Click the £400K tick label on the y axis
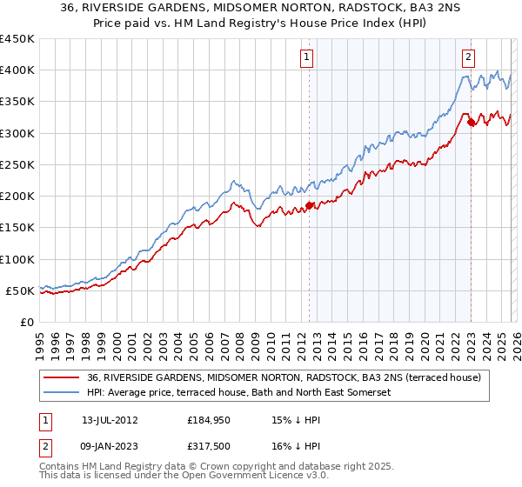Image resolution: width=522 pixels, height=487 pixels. click(x=17, y=70)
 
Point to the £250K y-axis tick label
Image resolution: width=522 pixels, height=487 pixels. click(x=17, y=164)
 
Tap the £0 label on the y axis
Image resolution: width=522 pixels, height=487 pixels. click(x=27, y=322)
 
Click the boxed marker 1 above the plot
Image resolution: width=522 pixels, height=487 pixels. click(x=308, y=58)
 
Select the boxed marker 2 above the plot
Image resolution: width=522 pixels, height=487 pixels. click(x=469, y=58)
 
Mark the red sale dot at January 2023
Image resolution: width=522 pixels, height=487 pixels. click(x=471, y=123)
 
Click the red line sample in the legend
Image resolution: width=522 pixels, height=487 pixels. click(x=62, y=377)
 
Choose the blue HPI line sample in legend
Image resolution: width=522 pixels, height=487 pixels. click(x=62, y=392)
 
